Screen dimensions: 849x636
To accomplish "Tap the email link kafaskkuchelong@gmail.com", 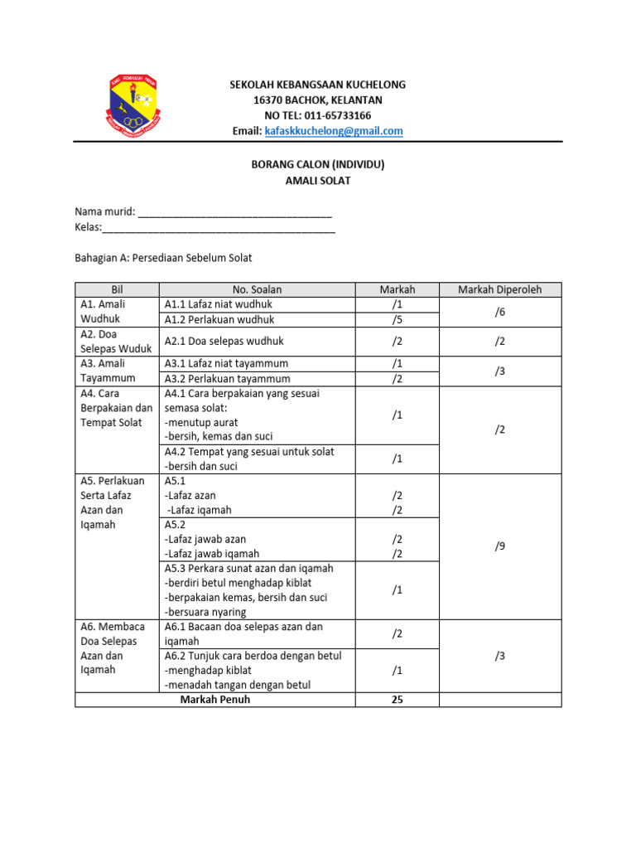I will click(x=333, y=131).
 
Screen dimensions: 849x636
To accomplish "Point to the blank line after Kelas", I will click(x=219, y=228).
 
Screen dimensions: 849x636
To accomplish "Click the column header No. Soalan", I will click(x=257, y=289).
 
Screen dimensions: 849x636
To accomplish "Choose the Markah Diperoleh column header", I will click(x=499, y=289).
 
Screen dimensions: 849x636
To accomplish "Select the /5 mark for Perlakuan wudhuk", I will click(x=397, y=319).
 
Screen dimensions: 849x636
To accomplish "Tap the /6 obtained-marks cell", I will click(x=499, y=312).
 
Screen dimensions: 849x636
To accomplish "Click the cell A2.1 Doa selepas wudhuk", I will click(x=224, y=341).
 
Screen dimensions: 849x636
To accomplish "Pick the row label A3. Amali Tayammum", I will click(x=108, y=371).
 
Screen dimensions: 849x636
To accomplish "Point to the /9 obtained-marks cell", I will click(x=499, y=546).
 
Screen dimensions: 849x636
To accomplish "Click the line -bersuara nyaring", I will click(x=205, y=612).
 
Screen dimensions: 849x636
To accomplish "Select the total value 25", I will click(x=397, y=699).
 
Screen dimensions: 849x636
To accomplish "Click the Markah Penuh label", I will click(x=215, y=699).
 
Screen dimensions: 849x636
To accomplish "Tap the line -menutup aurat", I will click(x=201, y=422).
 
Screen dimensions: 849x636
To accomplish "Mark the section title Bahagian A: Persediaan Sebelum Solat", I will click(x=163, y=258).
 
